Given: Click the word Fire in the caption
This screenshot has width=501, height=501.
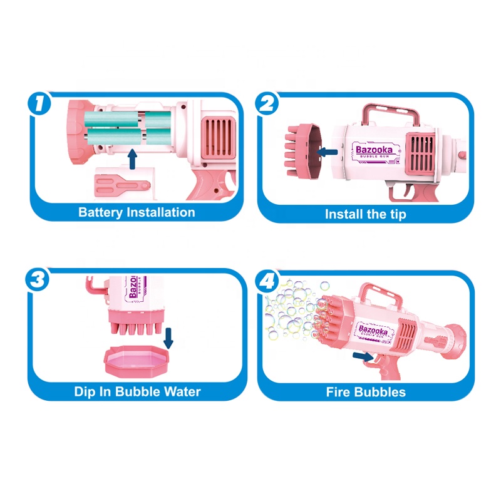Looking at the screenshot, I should click(x=339, y=393).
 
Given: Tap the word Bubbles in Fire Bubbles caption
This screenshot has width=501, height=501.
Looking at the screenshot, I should click(x=382, y=393).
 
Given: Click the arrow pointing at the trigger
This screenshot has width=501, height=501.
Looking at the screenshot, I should click(x=361, y=356).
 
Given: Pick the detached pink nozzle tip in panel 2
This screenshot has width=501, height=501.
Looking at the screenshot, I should click(x=301, y=150).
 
